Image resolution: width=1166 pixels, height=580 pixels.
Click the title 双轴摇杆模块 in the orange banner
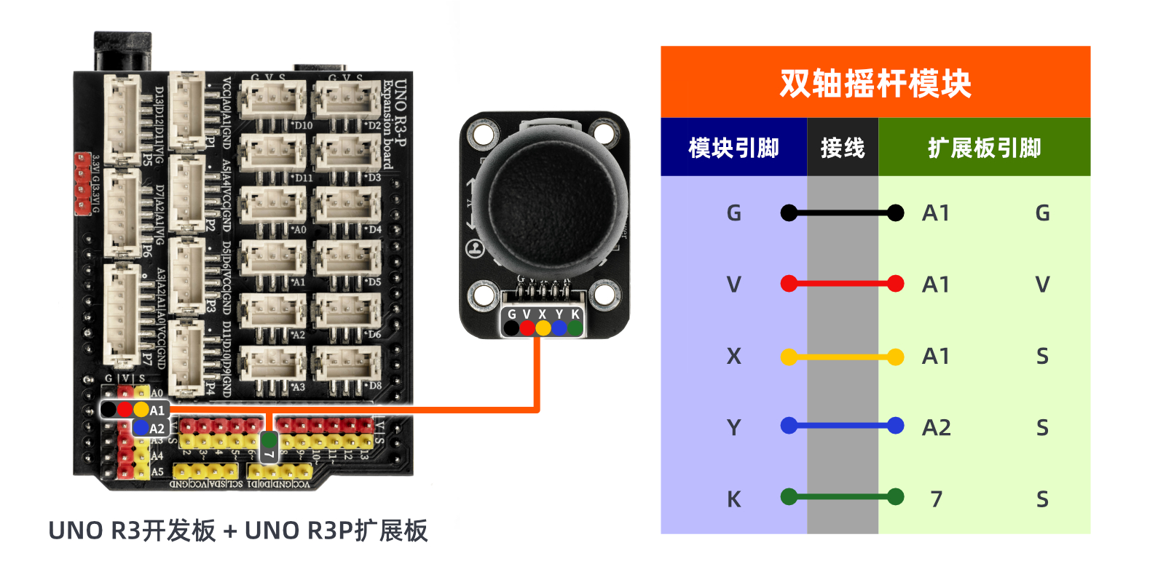point(875,83)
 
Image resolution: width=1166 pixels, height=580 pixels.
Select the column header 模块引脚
point(733,148)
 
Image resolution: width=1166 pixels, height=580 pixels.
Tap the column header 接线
point(842,148)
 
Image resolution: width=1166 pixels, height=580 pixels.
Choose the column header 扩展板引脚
point(984,148)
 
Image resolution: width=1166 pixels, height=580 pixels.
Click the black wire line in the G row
point(842,213)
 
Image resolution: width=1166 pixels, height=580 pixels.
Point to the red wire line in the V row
point(842,284)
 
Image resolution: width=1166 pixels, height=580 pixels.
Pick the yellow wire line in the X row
point(842,357)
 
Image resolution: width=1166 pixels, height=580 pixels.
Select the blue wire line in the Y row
point(842,426)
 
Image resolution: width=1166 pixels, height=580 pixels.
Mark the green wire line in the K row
point(842,497)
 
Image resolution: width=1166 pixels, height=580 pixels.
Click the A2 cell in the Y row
point(936,427)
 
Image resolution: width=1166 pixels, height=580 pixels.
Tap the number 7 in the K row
point(936,498)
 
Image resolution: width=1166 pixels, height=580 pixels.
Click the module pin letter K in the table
point(733,499)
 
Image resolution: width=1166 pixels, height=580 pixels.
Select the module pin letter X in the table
point(733,356)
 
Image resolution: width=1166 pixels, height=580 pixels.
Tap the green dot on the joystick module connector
point(575,328)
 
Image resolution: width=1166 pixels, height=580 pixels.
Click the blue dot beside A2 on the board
point(140,428)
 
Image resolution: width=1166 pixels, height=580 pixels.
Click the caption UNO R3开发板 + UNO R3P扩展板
point(237,531)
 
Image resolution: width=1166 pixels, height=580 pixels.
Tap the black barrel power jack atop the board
point(122,51)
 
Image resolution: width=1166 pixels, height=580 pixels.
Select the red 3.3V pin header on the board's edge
point(82,183)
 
